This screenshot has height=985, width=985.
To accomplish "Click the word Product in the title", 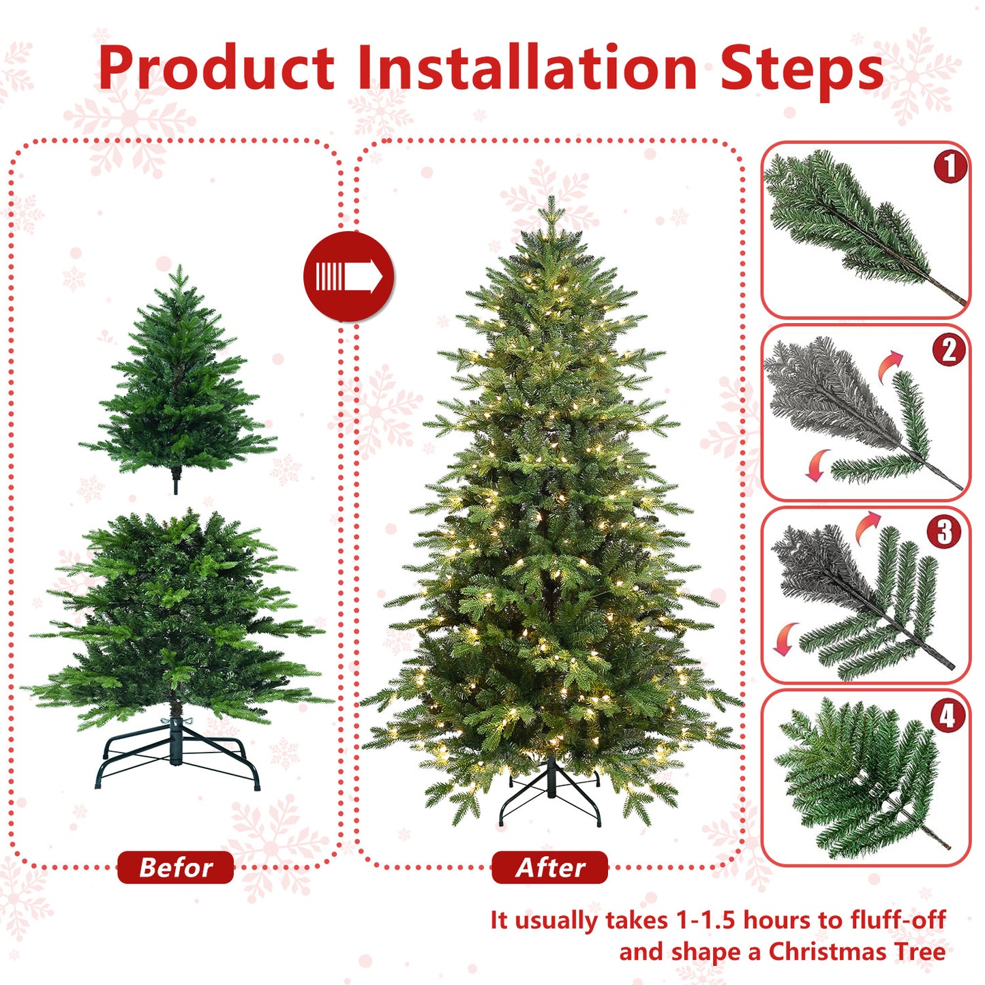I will coord(216,67).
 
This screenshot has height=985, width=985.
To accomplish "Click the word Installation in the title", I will coord(527,67).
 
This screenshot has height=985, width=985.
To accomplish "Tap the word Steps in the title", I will coord(802,69).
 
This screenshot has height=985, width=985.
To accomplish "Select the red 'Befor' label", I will coord(175,868).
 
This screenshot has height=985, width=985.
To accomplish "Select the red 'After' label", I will coord(549,868).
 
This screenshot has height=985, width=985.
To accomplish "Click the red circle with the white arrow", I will coord(348,277).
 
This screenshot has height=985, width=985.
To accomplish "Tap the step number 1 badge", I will coord(950,167).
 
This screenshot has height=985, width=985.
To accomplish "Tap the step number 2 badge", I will coord(949,350).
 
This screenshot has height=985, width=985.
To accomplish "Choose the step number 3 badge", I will coord(944,532).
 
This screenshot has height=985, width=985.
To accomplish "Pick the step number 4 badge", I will coord(948,716).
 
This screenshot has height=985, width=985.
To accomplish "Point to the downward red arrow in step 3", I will coord(785,638).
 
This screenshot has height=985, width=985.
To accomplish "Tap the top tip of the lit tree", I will coord(551,203).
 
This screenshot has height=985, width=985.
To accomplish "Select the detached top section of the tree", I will coord(178,382).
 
